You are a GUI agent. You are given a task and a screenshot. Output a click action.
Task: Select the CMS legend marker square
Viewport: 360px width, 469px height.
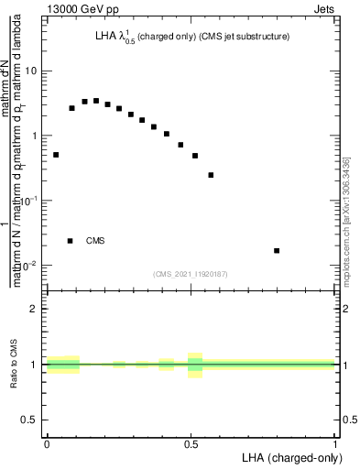[71, 241]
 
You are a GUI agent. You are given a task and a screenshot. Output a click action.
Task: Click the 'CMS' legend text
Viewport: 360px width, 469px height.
[95, 241]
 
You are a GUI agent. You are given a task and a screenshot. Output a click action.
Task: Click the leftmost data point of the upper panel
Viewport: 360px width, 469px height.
[56, 155]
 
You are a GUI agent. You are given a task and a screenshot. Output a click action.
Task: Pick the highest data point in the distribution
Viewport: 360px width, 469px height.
[96, 101]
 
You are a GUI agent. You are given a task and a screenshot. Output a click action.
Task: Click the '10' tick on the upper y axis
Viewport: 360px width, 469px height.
[30, 71]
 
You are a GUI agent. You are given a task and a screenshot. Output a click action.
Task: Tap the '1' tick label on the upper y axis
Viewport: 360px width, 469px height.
[34, 136]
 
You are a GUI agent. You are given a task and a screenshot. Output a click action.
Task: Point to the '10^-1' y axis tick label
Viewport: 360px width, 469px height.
[28, 200]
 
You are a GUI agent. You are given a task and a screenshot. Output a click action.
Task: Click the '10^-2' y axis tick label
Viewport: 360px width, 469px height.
[28, 265]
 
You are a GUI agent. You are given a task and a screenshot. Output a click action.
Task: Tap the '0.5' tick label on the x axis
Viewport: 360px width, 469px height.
[191, 442]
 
